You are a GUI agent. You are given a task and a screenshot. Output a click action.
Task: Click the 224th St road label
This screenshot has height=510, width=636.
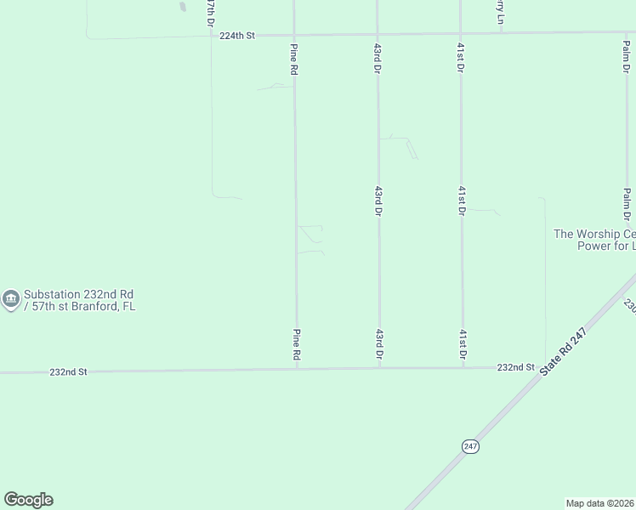pyautogui.click(x=237, y=36)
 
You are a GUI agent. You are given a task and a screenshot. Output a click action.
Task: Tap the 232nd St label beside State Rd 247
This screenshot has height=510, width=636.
pyautogui.click(x=515, y=367)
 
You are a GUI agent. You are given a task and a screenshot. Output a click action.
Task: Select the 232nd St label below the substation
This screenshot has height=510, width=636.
pyautogui.click(x=68, y=372)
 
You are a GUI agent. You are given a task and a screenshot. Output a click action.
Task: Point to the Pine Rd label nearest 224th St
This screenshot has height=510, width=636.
pyautogui.click(x=293, y=59)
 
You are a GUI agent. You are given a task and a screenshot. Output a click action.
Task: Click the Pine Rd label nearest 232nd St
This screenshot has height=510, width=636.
pyautogui.click(x=297, y=343)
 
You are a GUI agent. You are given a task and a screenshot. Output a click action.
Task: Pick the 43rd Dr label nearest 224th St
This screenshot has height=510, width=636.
pyautogui.click(x=377, y=59)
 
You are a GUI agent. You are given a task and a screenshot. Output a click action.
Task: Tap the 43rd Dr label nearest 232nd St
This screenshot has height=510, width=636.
pyautogui.click(x=378, y=343)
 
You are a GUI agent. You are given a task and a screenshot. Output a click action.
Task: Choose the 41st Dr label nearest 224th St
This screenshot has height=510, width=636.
pyautogui.click(x=460, y=59)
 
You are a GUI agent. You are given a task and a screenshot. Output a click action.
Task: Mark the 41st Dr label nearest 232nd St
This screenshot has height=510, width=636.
pyautogui.click(x=463, y=343)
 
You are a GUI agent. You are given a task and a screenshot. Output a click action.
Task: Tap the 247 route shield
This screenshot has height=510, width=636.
pyautogui.click(x=470, y=445)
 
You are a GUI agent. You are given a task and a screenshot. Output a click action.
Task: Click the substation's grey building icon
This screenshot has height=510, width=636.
pyautogui.click(x=10, y=299)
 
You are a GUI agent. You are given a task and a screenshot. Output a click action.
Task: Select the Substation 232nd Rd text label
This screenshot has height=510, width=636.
pyautogui.click(x=79, y=299)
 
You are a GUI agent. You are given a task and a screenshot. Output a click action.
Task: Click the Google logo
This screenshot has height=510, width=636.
pyautogui.click(x=28, y=500)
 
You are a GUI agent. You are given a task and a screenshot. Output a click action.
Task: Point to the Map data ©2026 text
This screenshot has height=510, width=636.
pyautogui.click(x=599, y=502)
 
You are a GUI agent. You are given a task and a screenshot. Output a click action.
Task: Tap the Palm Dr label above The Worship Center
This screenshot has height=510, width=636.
pyautogui.click(x=627, y=204)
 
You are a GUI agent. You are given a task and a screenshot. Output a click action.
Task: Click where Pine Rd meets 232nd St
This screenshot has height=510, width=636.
pyautogui.click(x=297, y=369)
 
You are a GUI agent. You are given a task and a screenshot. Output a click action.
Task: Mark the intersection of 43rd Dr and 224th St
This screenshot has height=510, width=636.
pyautogui.click(x=377, y=34)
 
